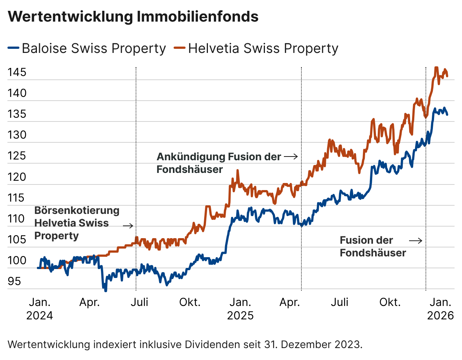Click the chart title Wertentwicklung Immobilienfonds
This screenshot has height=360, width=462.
tap(133, 17)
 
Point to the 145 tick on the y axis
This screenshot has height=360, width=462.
tap(17, 72)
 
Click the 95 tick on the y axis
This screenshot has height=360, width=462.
tap(14, 281)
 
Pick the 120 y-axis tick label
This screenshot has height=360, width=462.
tap(17, 177)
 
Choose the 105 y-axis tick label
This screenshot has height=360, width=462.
tap(17, 239)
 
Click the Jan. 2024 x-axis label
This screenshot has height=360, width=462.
tap(39, 309)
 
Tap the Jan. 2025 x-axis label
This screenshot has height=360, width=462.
tap(240, 309)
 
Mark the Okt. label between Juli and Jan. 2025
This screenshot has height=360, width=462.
tap(190, 302)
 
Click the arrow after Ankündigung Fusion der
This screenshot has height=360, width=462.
tap(291, 157)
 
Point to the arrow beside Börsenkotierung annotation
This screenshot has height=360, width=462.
tap(128, 225)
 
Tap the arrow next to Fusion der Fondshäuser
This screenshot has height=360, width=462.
tap(416, 241)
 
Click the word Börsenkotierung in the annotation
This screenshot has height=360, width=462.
tap(77, 210)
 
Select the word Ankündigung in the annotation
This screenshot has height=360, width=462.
tap(191, 157)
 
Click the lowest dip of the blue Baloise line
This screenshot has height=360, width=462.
tap(105, 290)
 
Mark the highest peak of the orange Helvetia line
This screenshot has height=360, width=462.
tap(436, 68)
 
